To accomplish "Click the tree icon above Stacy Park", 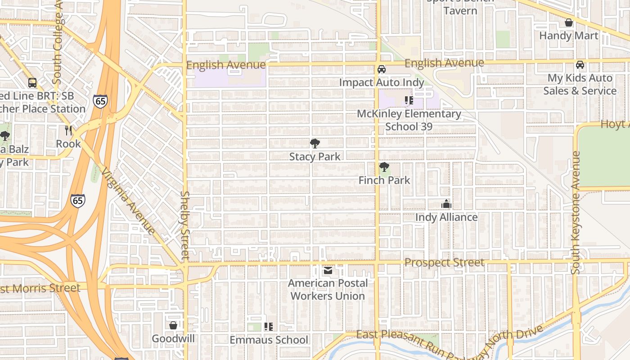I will pyautogui.click(x=315, y=144).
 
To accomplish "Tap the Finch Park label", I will pyautogui.click(x=384, y=180).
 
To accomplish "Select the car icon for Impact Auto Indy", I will pyautogui.click(x=382, y=69).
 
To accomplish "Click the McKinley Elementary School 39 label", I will pyautogui.click(x=409, y=120).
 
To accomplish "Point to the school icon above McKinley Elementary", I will pyautogui.click(x=409, y=100).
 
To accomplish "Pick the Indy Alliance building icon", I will pyautogui.click(x=446, y=204).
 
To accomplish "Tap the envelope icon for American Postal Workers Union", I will pyautogui.click(x=328, y=270).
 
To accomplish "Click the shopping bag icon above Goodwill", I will pyautogui.click(x=173, y=325).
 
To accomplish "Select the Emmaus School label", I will pyautogui.click(x=269, y=340).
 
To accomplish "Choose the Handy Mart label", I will pyautogui.click(x=569, y=36).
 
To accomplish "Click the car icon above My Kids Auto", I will pyautogui.click(x=580, y=65).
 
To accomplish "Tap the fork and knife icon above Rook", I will pyautogui.click(x=68, y=130).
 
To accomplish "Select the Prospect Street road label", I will pyautogui.click(x=444, y=262).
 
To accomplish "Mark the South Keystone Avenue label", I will pyautogui.click(x=576, y=212).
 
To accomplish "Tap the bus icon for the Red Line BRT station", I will pyautogui.click(x=32, y=83).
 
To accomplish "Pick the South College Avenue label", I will pyautogui.click(x=57, y=45).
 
